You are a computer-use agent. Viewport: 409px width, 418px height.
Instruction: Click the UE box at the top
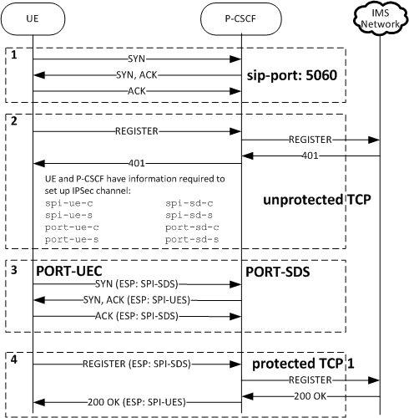pyautogui.click(x=33, y=18)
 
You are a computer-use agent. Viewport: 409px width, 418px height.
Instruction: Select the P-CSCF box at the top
pyautogui.click(x=241, y=18)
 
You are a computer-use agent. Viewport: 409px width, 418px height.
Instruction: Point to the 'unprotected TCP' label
pyautogui.click(x=316, y=201)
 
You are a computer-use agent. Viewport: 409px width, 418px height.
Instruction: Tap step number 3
pyautogui.click(x=13, y=271)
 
